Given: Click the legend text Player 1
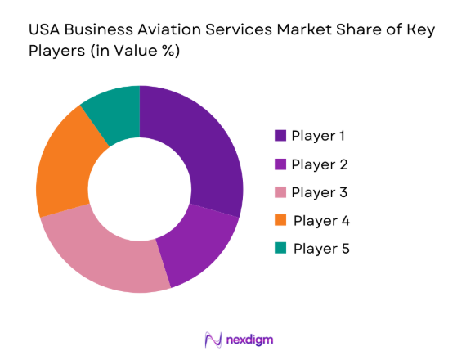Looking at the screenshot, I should (x=320, y=136).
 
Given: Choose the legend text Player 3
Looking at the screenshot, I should (x=320, y=192).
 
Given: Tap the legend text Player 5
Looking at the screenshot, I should (x=321, y=248).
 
